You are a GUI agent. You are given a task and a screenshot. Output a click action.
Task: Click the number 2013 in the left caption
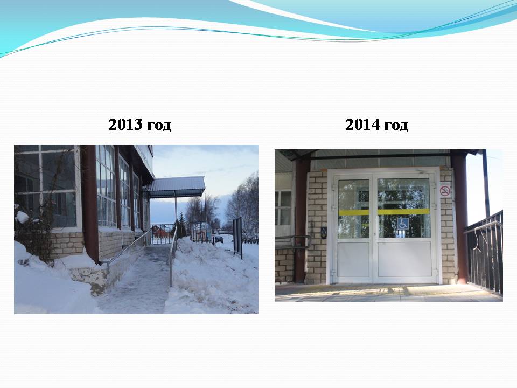125,124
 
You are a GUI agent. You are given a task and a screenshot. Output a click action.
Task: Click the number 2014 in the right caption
362,124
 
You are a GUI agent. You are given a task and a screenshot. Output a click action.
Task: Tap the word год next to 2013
159,126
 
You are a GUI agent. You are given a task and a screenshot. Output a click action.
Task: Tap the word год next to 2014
396,126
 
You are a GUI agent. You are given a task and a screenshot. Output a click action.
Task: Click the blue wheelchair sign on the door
403,223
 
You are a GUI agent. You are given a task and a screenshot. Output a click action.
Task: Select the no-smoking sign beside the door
445,191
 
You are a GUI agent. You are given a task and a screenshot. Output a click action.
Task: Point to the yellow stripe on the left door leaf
354,212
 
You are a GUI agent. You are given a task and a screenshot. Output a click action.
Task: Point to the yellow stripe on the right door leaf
404,212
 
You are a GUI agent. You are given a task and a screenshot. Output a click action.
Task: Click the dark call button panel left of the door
324,233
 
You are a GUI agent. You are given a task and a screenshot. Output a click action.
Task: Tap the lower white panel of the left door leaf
353,260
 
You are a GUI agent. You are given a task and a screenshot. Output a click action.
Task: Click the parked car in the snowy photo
219,239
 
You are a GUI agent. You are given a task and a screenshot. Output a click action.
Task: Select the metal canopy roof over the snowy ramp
177,187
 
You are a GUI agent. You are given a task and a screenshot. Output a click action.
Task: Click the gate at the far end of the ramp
162,234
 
